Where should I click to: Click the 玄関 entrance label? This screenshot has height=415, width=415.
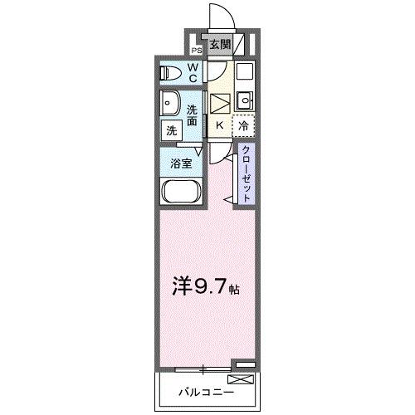point(219,46)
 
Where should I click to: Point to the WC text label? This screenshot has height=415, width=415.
point(193,73)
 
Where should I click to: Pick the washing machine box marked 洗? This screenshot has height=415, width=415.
point(171,130)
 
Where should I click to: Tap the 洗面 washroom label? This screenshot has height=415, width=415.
point(193,116)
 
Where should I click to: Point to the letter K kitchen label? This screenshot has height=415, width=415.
point(219,125)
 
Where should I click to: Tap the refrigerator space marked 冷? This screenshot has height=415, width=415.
point(243,125)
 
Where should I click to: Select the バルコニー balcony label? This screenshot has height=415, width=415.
point(201,389)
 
